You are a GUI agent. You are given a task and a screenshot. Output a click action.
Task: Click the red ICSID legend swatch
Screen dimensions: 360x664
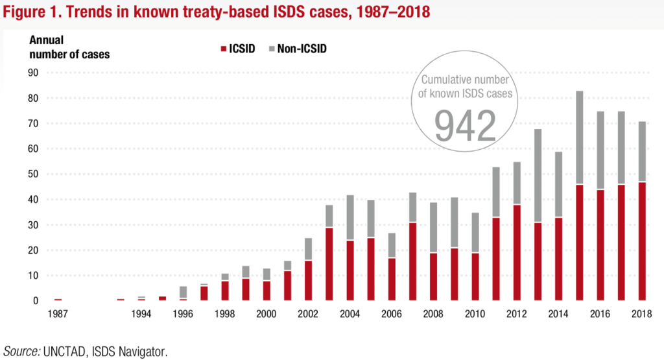tap(224, 49)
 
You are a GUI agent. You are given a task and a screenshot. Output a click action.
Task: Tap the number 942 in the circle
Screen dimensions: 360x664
tap(465, 125)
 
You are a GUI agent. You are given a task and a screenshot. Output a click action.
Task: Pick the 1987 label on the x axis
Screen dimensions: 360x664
tap(58, 314)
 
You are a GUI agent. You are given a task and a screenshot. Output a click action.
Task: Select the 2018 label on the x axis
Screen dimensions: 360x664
tap(642, 314)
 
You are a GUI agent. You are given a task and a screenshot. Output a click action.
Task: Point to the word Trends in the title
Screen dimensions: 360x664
tap(82, 12)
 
